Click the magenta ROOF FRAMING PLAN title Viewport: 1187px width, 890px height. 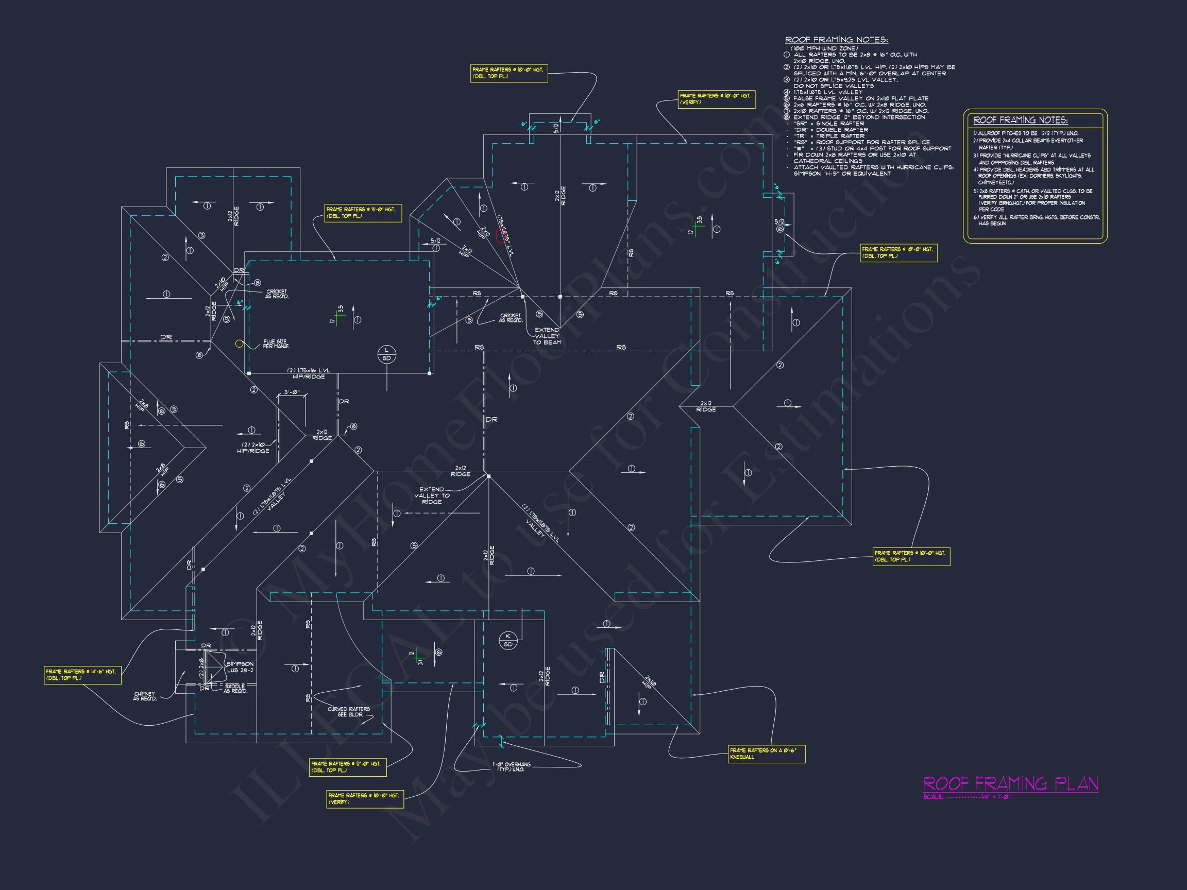tap(1010, 784)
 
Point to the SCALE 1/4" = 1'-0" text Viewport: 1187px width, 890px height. tap(966, 797)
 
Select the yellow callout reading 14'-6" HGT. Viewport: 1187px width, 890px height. tap(82, 675)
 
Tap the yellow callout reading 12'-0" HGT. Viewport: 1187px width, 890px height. tap(347, 767)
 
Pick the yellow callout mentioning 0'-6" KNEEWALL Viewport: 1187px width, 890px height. tap(766, 754)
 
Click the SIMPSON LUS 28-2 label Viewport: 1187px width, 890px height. tap(240, 667)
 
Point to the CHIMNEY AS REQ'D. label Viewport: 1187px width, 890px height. tap(145, 696)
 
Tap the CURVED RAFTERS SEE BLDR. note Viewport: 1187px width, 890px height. tap(349, 712)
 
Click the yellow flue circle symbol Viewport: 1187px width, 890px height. tap(240, 344)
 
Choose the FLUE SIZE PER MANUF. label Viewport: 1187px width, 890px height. tap(276, 344)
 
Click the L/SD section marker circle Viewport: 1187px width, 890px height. tap(386, 354)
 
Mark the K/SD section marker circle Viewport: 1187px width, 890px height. tap(507, 641)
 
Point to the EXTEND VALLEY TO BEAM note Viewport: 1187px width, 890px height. tap(547, 336)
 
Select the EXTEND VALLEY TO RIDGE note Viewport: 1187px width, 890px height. tap(431, 495)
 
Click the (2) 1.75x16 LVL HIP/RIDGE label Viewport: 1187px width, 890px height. tap(309, 373)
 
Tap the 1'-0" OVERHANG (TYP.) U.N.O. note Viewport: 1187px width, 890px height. tap(512, 767)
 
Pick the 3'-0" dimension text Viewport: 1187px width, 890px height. tap(292, 392)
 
